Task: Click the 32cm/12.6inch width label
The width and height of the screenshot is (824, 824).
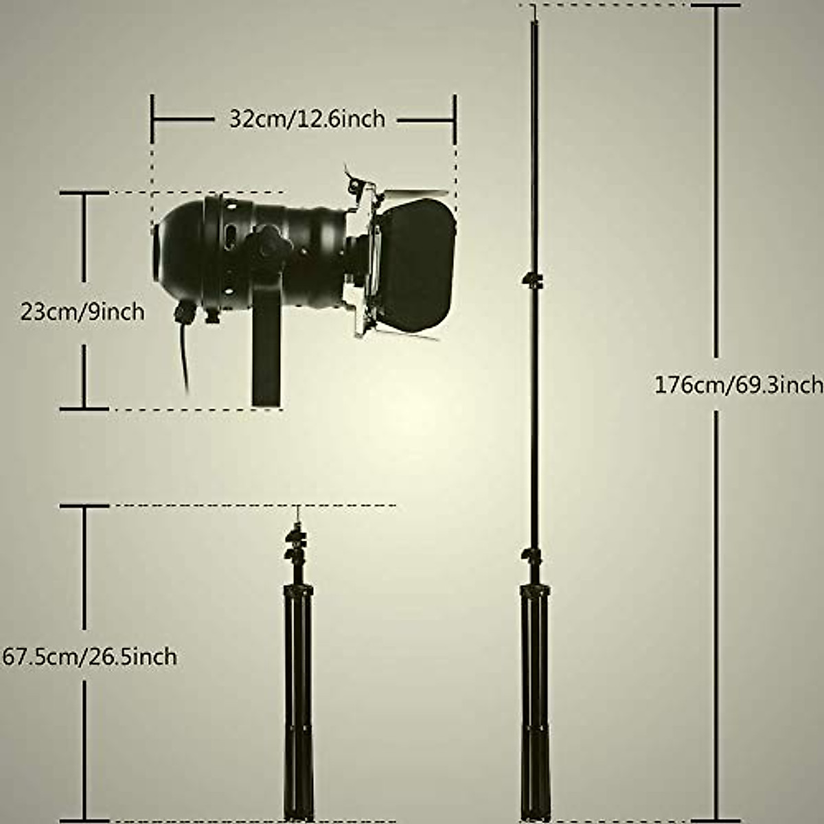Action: pos(307,119)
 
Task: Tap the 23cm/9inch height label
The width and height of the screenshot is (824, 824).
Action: pos(82,312)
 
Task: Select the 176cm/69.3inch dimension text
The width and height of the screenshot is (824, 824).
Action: pos(738,385)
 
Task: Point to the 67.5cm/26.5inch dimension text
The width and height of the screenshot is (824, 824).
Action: pos(89,656)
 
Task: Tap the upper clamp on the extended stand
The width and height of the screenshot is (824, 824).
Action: pos(531,279)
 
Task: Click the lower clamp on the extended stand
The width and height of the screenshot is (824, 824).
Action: pos(531,555)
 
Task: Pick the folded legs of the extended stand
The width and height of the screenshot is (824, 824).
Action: pos(534,700)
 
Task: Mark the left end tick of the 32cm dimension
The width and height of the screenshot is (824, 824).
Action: pos(152,119)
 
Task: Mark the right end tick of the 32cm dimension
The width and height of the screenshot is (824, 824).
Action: pos(455,119)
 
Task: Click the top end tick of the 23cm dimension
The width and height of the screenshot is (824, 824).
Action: pos(84,194)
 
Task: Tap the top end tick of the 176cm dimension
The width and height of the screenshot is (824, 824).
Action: pos(716,6)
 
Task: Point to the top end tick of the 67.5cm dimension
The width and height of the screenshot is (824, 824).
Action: pos(84,507)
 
